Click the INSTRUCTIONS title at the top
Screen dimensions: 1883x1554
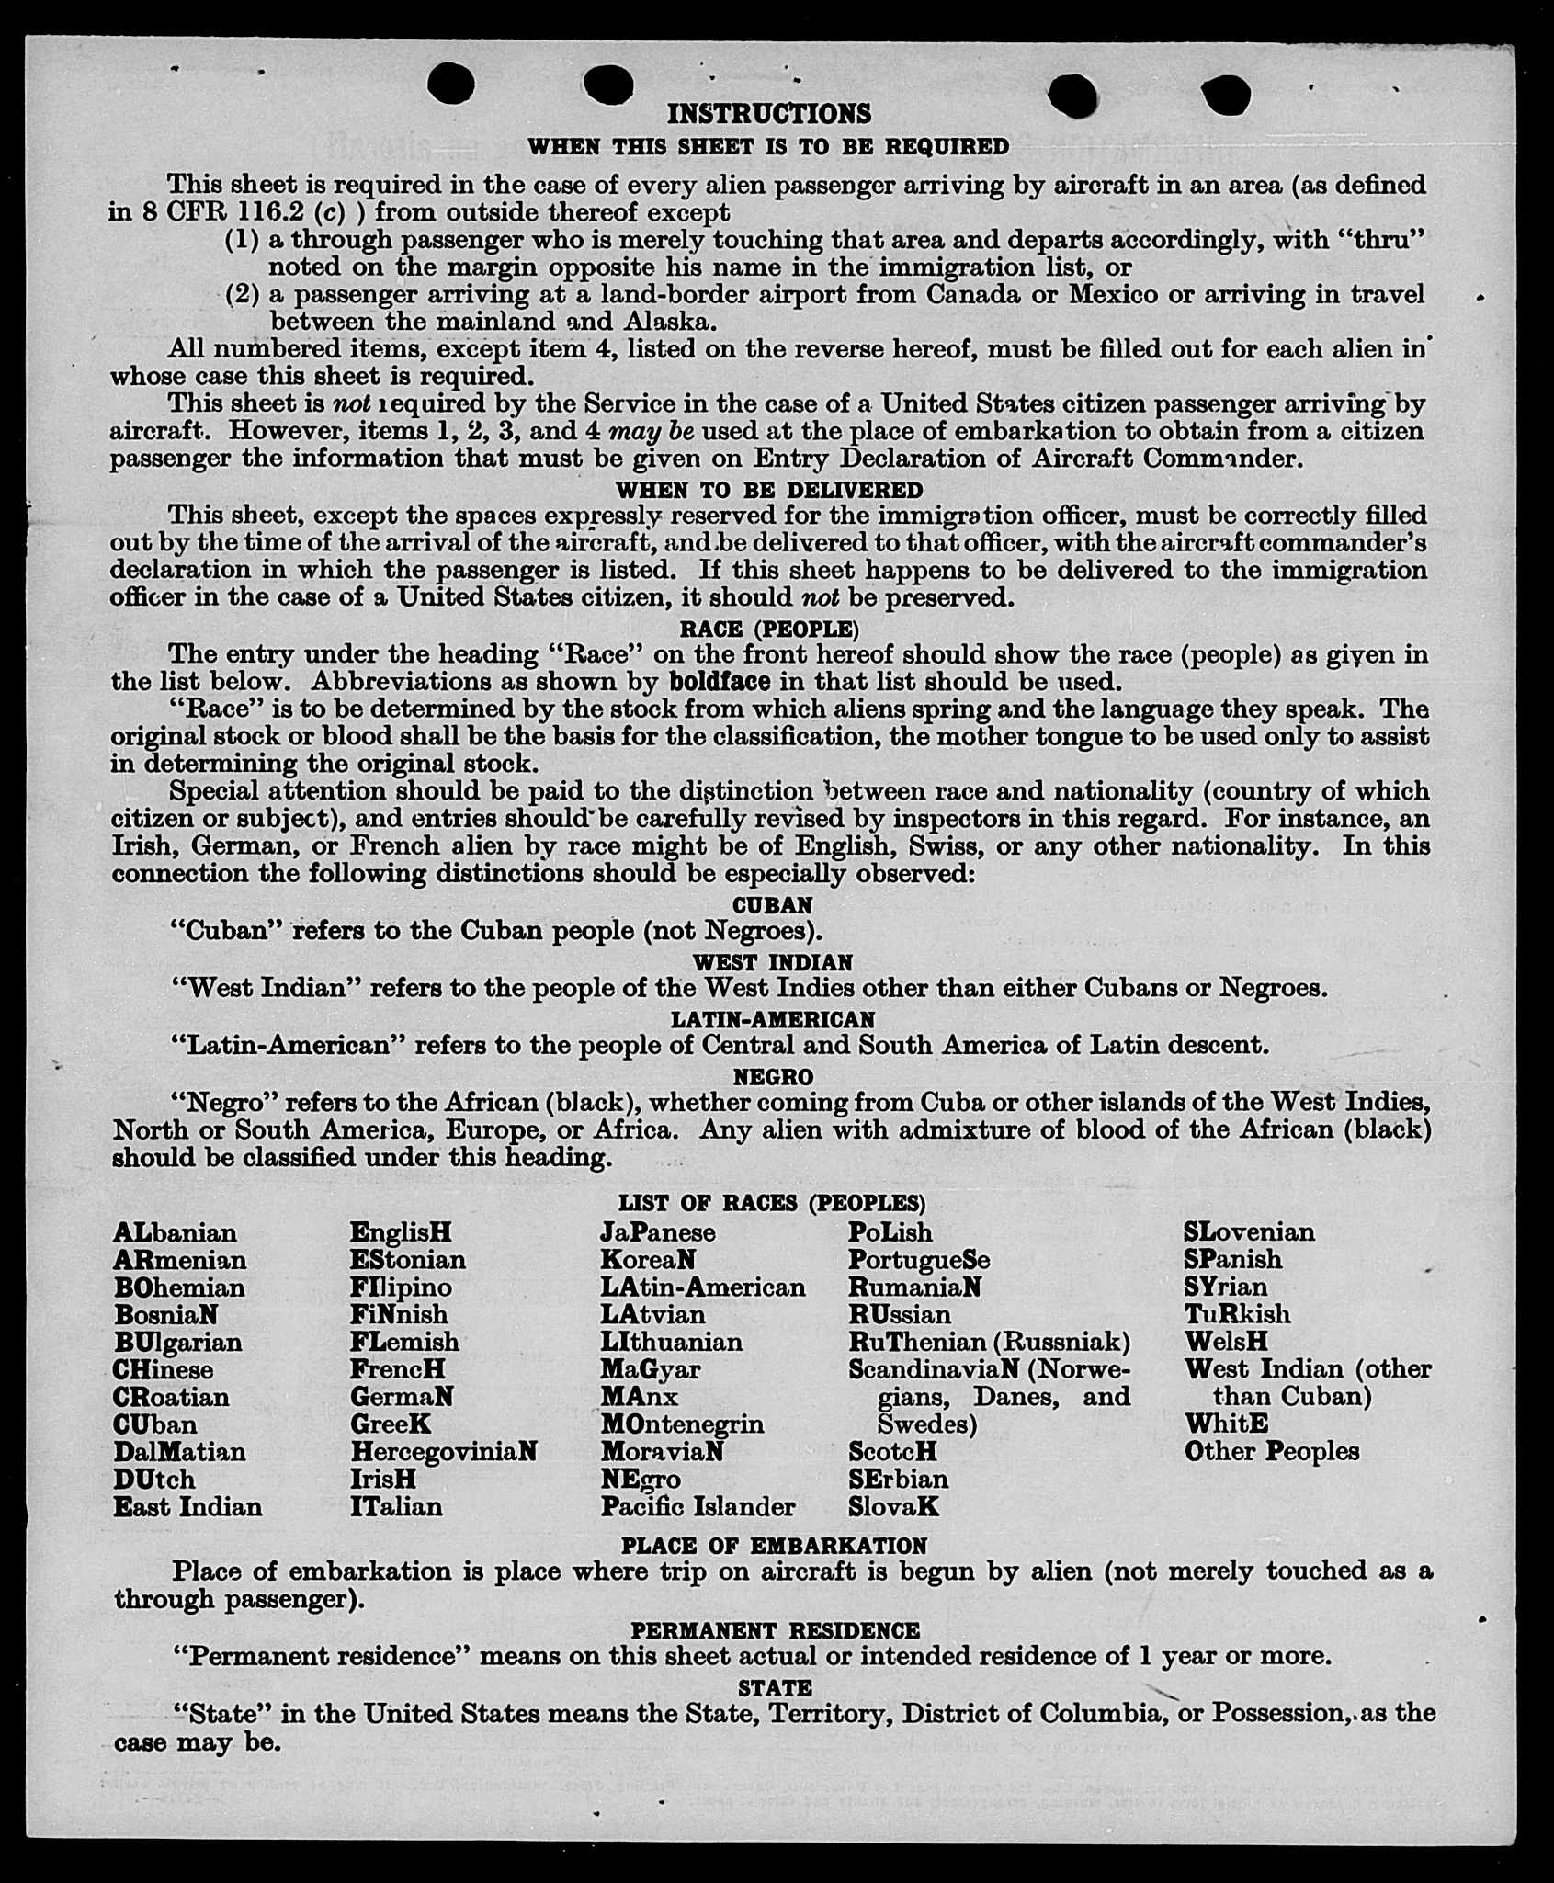coord(768,114)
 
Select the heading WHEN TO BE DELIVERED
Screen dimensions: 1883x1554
coord(768,490)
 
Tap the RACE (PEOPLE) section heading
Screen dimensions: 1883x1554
coord(768,629)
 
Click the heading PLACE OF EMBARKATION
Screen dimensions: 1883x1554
coord(773,1546)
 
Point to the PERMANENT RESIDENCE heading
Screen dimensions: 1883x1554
coord(775,1630)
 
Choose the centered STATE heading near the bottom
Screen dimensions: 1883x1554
coord(775,1687)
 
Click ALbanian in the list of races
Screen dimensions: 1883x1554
coord(175,1232)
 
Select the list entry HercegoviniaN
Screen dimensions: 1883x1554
coord(443,1452)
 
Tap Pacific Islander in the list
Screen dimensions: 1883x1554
coord(698,1507)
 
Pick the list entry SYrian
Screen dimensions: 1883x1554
coord(1225,1287)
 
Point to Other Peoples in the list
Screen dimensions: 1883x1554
coord(1271,1452)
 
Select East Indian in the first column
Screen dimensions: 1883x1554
coord(187,1507)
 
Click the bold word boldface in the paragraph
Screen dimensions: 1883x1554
coord(720,682)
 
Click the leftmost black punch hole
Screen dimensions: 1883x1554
coord(451,84)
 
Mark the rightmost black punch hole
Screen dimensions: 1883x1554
coord(1225,95)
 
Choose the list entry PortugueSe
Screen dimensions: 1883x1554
coord(918,1260)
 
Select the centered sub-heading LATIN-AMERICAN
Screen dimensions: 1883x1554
coord(772,1019)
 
